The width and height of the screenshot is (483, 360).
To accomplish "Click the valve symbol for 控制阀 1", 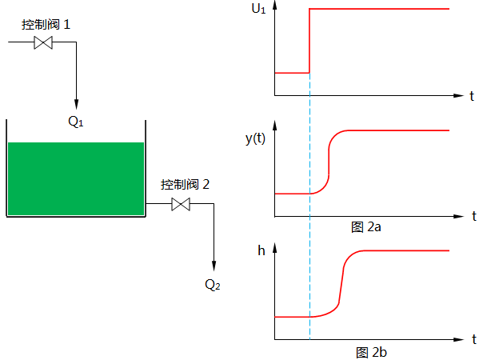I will pos(43,43).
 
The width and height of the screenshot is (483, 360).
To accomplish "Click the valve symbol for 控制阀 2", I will pos(182,205).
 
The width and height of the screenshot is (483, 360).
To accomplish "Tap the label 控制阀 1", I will pos(46,25).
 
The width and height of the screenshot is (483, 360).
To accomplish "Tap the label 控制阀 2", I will pos(185,185).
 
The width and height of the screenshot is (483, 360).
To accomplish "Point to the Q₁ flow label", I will pos(76,122).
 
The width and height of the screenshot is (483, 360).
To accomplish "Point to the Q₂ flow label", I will pos(213,285).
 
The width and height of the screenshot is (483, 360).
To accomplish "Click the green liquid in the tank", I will pos(76,178).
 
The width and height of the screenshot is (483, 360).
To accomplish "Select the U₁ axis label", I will pos(259,10).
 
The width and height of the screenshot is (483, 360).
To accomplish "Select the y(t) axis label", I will pos(256,138).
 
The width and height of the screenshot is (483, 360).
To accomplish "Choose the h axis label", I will pos(261,250).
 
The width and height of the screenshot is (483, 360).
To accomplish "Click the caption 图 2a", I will pos(366,227).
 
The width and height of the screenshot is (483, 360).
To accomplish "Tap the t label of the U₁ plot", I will pos(472,96).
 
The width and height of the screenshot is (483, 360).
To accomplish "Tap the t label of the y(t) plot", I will pos(473,216).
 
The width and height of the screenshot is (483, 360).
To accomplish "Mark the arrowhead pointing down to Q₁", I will pos(76,105).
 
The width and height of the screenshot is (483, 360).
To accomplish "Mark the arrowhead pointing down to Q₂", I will pos(214,267).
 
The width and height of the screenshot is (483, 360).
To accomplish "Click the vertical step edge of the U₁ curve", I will pos(309,40).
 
